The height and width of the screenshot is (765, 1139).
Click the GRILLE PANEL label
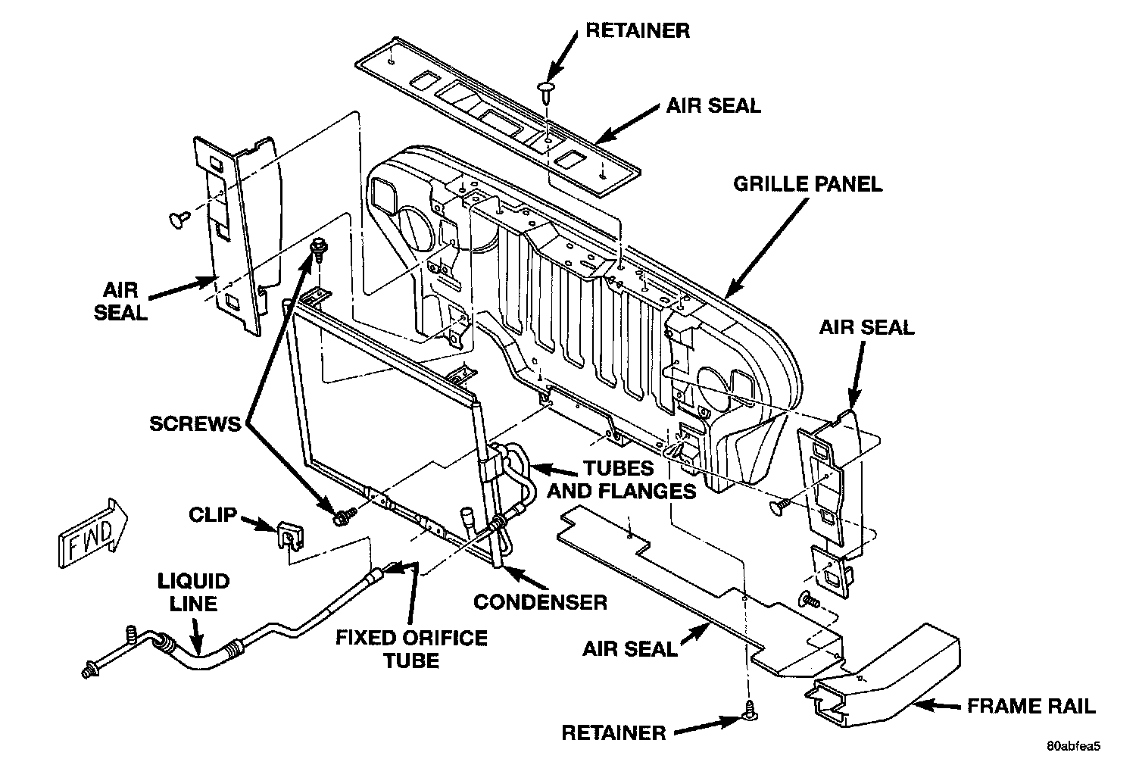[808, 184]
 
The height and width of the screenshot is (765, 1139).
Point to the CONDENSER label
[540, 602]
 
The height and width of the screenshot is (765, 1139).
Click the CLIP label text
[213, 516]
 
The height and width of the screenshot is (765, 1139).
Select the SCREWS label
[195, 423]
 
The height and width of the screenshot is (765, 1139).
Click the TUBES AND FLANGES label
[621, 479]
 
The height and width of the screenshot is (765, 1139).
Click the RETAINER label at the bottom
[613, 732]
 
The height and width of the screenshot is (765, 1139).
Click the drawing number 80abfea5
[1073, 745]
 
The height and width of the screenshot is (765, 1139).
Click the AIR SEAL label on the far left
[120, 300]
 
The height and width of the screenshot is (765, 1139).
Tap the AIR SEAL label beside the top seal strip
[713, 105]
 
